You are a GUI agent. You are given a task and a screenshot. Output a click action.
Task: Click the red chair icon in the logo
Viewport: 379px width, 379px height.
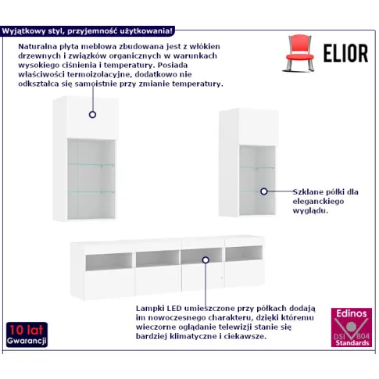tap(299, 53)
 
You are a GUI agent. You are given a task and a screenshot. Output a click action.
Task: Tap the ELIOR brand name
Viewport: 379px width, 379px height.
tap(345, 53)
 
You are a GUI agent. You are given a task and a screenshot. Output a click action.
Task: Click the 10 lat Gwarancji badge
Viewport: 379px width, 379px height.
tap(27, 334)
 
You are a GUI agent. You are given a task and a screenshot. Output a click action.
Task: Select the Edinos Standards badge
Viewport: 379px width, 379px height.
tap(352, 327)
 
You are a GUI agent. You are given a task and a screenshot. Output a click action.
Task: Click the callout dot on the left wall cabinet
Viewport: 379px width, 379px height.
tap(92, 114)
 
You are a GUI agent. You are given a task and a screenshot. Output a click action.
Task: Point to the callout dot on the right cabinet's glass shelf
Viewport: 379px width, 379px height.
tap(264, 191)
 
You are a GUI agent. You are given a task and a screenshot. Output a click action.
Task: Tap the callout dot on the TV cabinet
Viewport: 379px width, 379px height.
tap(206, 260)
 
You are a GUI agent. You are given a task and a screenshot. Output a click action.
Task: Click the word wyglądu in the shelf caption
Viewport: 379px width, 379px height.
tap(309, 211)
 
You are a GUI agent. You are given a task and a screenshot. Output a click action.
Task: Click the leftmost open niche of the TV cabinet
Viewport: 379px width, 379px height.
tap(109, 262)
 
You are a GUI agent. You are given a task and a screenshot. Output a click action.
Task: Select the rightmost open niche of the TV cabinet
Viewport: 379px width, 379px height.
tap(244, 253)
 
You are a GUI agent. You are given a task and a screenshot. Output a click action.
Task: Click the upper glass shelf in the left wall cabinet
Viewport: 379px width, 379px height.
tap(91, 165)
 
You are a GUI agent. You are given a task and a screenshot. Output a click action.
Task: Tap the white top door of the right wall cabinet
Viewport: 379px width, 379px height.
tap(259, 127)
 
